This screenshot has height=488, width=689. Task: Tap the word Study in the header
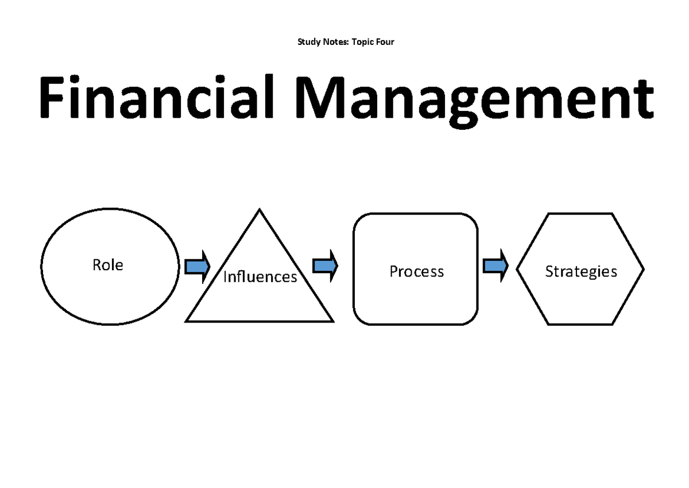click(x=308, y=42)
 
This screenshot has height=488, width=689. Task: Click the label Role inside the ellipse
click(x=108, y=265)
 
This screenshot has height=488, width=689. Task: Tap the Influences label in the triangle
click(x=260, y=277)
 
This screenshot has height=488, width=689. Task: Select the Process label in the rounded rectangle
click(x=416, y=271)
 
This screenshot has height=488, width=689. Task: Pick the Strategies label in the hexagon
click(x=581, y=271)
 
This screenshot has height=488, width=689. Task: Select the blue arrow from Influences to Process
click(x=325, y=266)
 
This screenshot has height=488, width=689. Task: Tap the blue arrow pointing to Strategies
click(x=496, y=266)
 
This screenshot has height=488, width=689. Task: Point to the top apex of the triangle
click(x=260, y=210)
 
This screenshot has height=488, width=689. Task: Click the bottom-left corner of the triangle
click(x=187, y=321)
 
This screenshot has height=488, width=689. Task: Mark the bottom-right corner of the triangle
click(x=332, y=321)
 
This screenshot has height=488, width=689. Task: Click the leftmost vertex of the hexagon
click(x=517, y=269)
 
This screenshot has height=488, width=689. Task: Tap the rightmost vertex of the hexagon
click(x=644, y=269)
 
